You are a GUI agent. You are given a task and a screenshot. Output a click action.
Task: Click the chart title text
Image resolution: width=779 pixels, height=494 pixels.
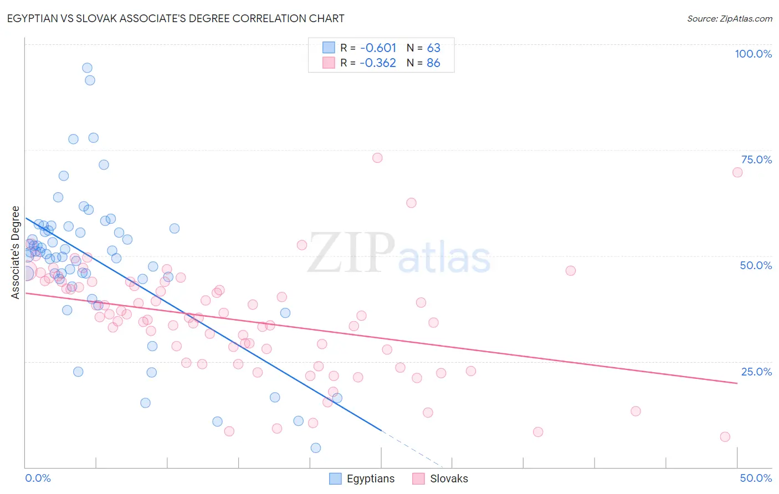(176, 18)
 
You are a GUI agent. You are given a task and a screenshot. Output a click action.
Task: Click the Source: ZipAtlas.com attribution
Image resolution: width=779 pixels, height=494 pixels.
(729, 18)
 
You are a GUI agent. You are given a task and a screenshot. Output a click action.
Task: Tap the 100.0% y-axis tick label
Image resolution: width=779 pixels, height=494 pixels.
(753, 54)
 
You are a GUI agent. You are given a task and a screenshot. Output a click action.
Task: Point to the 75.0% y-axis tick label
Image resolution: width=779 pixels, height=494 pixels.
(756, 159)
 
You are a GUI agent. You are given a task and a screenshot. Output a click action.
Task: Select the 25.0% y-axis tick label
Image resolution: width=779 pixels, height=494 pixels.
(756, 372)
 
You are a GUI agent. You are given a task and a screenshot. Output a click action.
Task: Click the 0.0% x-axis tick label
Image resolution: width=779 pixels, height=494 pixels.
(38, 478)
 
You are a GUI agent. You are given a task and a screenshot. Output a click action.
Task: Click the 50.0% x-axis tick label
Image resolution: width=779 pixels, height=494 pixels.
(756, 478)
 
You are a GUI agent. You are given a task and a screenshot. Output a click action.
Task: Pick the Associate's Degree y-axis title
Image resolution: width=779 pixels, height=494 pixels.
(16, 253)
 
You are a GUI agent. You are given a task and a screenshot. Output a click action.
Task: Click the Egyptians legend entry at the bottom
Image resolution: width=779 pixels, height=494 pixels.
(370, 478)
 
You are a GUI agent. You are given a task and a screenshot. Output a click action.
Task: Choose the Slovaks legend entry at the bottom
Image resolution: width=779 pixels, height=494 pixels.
(448, 478)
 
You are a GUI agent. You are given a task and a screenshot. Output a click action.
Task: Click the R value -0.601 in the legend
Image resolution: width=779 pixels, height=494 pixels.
(378, 48)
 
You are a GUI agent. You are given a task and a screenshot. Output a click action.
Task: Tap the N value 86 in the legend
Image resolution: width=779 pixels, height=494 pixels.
(433, 63)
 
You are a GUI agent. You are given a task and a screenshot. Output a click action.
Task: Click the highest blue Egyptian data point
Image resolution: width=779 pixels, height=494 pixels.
(87, 68)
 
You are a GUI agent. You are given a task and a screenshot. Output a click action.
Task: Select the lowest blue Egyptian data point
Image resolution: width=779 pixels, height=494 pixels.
(316, 447)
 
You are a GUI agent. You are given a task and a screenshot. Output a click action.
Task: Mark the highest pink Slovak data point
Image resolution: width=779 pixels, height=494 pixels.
(377, 158)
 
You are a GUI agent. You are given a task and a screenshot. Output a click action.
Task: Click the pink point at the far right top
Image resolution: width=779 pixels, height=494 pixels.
(737, 172)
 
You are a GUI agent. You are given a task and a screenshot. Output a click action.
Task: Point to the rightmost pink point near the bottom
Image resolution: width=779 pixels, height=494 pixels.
(725, 437)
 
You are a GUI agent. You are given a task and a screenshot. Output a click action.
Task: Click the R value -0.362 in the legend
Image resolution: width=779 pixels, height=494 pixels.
(378, 63)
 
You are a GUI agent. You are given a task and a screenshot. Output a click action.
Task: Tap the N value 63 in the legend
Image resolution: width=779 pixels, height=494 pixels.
(433, 48)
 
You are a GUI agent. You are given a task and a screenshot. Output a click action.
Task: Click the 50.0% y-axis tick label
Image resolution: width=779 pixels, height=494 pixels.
(756, 265)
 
